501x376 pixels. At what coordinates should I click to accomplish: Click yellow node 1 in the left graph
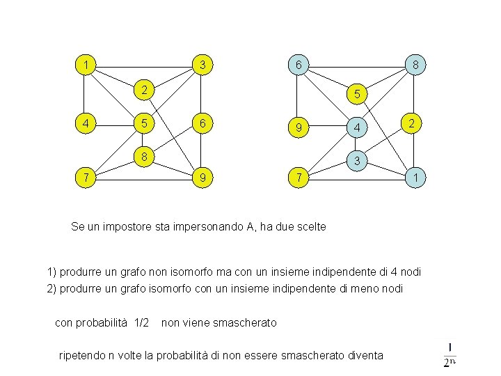click(x=85, y=66)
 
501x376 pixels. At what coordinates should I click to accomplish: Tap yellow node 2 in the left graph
click(x=143, y=90)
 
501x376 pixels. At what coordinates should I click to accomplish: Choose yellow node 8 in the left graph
click(x=143, y=156)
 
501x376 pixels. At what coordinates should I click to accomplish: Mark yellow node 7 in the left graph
click(x=85, y=178)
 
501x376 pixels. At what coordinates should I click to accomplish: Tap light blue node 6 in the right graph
click(x=298, y=66)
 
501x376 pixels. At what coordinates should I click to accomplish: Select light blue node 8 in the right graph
click(x=415, y=66)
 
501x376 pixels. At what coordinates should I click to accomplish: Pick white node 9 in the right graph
click(x=298, y=128)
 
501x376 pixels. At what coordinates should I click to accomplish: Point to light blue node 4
click(x=356, y=128)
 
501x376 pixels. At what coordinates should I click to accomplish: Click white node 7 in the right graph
click(x=298, y=178)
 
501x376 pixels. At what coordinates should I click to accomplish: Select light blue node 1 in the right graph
click(x=415, y=178)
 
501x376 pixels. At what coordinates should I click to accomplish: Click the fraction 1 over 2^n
click(x=450, y=354)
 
